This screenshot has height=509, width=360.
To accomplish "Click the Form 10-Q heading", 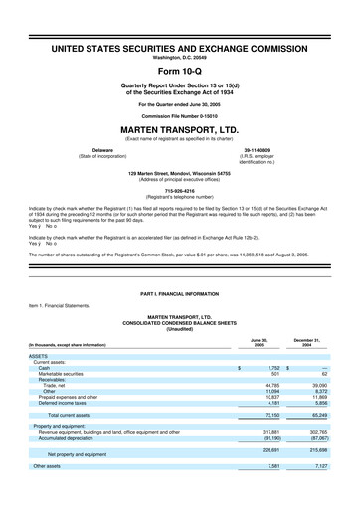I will point(180,73).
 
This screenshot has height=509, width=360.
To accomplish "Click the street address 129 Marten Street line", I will point(180,172).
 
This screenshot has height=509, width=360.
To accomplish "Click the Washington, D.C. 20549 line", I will point(180,57).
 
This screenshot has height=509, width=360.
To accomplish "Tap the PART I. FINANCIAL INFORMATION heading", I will point(180,297).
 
